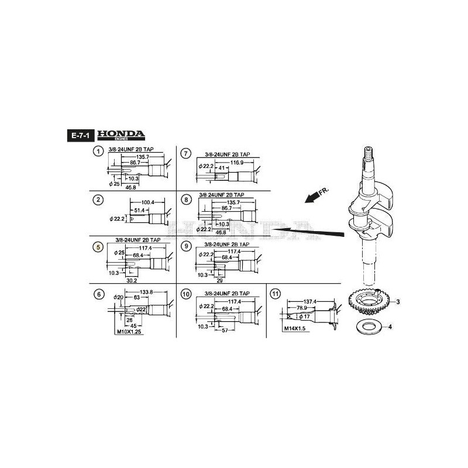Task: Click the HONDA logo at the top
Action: (x=120, y=135)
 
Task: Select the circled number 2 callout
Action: (x=98, y=200)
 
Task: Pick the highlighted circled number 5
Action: (x=98, y=247)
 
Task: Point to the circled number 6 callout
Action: (x=98, y=294)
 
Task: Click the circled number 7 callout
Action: (x=186, y=153)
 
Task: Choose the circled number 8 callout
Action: (x=186, y=200)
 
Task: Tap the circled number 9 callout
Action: (x=186, y=247)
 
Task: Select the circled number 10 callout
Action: (x=186, y=294)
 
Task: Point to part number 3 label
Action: (x=398, y=302)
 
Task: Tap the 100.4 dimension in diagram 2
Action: (x=149, y=202)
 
